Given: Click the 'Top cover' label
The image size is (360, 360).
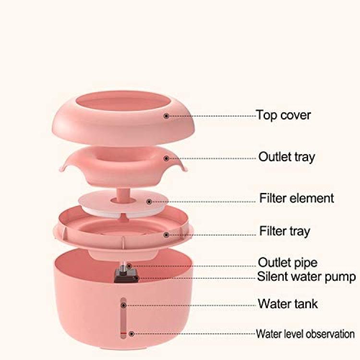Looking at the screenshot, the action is tap(284, 115).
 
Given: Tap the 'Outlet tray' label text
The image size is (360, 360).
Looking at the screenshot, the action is tap(287, 157).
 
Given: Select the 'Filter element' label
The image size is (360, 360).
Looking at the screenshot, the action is tap(297, 198).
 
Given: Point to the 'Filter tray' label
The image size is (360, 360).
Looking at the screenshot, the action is tap(285, 231).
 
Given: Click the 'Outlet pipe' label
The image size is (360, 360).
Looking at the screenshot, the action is tap(288, 263).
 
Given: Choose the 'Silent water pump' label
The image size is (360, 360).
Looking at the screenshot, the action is tap(306, 276).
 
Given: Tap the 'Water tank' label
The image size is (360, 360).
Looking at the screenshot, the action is tap(288, 304).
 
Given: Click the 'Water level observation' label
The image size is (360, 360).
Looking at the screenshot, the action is tap(305, 334).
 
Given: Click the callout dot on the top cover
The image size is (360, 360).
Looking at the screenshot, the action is tap(167, 116).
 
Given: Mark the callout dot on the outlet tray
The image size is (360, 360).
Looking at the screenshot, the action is tap(167, 158).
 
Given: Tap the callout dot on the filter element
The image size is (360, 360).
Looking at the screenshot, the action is tap(149, 202).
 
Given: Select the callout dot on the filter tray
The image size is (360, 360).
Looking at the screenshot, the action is tap(167, 235).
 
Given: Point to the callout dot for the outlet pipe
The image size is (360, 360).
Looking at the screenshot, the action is tap(129, 266).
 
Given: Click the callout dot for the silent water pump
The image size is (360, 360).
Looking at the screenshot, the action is tap(137, 278).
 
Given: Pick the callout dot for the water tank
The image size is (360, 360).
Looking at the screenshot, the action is tap(124, 305).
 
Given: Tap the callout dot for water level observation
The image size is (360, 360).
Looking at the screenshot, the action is tap(132, 334).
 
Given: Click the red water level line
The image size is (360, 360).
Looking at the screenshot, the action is tap(123, 333).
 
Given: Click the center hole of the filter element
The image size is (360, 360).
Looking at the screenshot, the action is tap(123, 201).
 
